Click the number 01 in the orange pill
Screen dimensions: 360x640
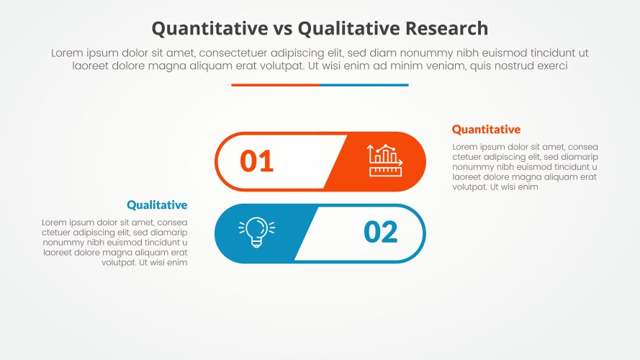point(257,161)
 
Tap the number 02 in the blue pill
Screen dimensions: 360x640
point(381,233)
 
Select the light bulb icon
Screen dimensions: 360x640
point(256,233)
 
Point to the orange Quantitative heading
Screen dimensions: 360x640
point(486,130)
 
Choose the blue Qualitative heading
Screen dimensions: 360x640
point(157,205)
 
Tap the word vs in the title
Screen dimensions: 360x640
point(281,28)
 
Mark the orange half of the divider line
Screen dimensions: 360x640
point(275,85)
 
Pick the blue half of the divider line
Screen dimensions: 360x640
point(364,85)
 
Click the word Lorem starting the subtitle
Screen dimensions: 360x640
point(66,53)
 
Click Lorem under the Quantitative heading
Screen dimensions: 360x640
point(465,147)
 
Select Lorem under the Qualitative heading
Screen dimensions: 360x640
point(55,222)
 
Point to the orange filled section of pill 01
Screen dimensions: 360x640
point(382,161)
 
